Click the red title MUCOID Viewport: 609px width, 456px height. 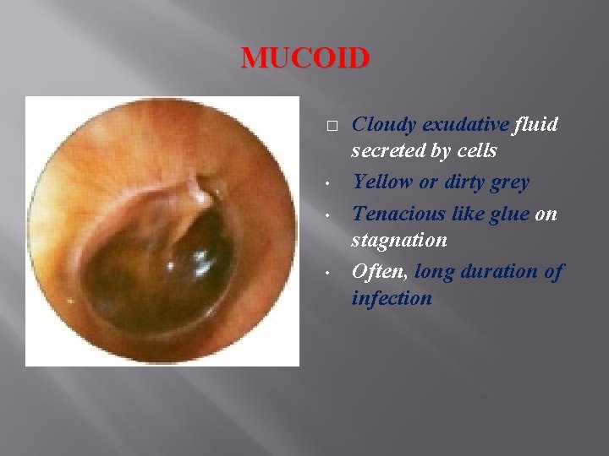point(305,58)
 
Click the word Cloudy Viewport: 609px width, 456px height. point(381,125)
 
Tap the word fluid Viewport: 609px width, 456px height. point(536,125)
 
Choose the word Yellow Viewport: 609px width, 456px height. point(381,182)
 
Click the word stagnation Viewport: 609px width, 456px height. point(399,241)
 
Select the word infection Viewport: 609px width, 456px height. point(392,299)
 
